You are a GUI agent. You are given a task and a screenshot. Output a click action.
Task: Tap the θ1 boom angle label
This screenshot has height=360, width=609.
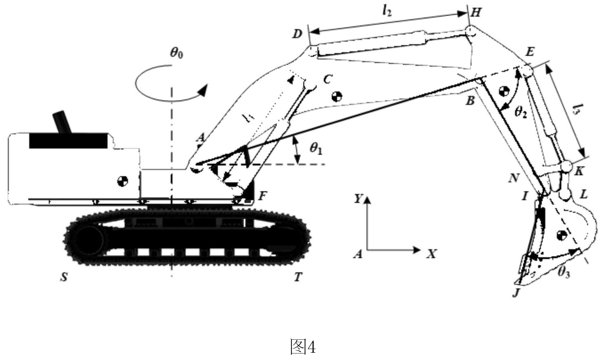pyautogui.click(x=316, y=149)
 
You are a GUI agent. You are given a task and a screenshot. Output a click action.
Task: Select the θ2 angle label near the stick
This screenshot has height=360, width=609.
pyautogui.click(x=521, y=111)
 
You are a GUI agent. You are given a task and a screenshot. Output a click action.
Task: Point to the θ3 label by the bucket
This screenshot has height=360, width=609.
pyautogui.click(x=563, y=272)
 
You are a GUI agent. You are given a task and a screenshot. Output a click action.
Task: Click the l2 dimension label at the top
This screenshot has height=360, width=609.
pyautogui.click(x=387, y=11)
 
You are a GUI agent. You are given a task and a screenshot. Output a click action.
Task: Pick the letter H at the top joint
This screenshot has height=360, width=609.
pyautogui.click(x=476, y=13)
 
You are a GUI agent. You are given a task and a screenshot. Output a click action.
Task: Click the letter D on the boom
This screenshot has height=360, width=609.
pyautogui.click(x=297, y=34)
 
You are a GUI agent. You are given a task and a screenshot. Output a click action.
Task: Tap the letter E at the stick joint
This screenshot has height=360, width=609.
pyautogui.click(x=530, y=51)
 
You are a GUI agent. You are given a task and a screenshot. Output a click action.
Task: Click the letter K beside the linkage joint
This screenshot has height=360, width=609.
pyautogui.click(x=579, y=171)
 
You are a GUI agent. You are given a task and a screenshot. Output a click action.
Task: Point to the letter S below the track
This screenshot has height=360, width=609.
pyautogui.click(x=64, y=277)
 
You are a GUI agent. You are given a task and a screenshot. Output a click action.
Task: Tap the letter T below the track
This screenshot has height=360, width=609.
pyautogui.click(x=298, y=277)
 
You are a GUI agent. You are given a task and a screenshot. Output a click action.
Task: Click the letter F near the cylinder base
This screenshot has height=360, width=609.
pyautogui.click(x=262, y=196)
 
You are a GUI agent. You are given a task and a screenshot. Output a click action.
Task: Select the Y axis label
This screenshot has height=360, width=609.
pyautogui.click(x=358, y=199)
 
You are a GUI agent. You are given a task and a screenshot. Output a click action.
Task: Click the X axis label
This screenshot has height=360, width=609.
pyautogui.click(x=431, y=254)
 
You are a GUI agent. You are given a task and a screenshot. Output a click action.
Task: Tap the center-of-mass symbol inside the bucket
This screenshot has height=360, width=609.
pyautogui.click(x=562, y=235)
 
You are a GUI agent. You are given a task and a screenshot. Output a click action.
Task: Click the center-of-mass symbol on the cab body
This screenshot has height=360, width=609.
pyautogui.click(x=122, y=181)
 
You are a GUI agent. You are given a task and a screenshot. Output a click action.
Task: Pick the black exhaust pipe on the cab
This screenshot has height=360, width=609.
pyautogui.click(x=62, y=122)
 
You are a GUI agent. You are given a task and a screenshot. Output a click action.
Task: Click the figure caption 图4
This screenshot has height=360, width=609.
pyautogui.click(x=303, y=347)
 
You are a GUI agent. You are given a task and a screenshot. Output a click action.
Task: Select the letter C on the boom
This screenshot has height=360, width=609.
pyautogui.click(x=327, y=79)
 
